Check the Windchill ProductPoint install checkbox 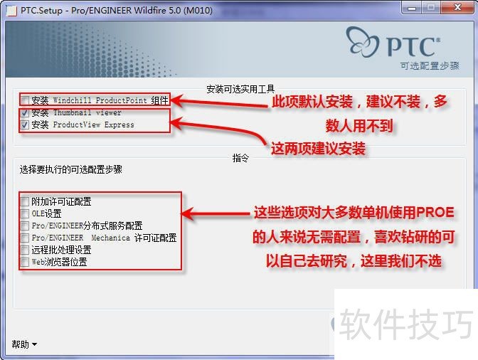click(25, 100)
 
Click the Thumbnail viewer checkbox click(25, 112)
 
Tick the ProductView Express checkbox click(25, 125)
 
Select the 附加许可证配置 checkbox click(25, 201)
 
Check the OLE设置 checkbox click(25, 213)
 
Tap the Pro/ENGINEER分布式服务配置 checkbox click(25, 226)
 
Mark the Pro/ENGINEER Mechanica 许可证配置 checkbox click(25, 238)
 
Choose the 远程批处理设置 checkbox click(25, 250)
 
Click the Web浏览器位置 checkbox click(25, 262)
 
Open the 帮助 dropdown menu click(23, 344)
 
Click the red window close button click(454, 8)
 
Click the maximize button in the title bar click(430, 8)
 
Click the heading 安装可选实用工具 click(240, 89)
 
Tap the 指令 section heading click(240, 158)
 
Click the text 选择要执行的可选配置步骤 click(70, 170)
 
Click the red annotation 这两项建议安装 click(319, 149)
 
